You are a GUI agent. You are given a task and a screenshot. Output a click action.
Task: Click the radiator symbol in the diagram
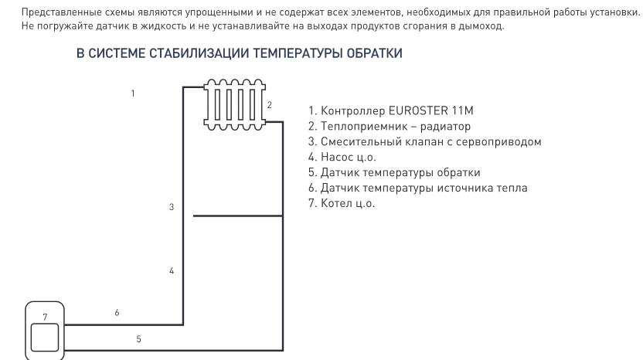click(236, 100)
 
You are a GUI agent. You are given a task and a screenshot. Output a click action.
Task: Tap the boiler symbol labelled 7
click(45, 331)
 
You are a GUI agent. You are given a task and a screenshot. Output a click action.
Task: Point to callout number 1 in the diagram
click(133, 93)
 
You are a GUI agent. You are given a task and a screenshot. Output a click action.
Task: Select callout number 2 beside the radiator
click(269, 104)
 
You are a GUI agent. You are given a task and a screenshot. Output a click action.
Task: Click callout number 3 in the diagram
click(172, 207)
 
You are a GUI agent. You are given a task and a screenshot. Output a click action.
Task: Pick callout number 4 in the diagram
click(172, 270)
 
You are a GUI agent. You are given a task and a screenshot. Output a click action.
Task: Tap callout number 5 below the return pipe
click(138, 338)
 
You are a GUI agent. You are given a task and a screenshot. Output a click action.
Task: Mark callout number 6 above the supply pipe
click(117, 313)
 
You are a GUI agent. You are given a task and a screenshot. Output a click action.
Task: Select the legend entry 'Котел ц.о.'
click(342, 203)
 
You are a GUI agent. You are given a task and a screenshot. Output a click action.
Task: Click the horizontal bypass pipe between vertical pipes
click(238, 216)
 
